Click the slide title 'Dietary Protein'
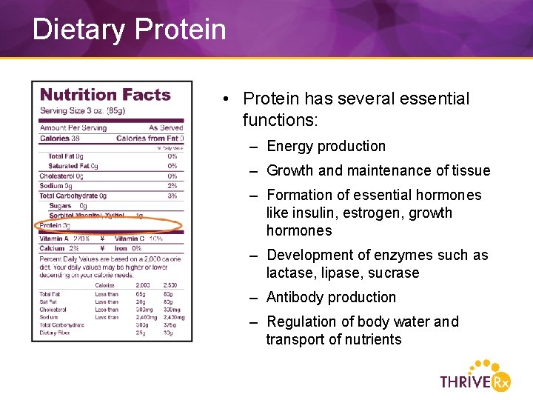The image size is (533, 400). coord(129,30)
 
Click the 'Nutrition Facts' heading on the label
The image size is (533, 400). coord(105,95)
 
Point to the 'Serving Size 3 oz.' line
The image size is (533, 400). coord(82,110)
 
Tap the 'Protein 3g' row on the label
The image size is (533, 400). coord(55,226)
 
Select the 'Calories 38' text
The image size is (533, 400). coord(60,139)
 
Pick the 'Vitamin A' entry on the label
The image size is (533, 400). coord(54,239)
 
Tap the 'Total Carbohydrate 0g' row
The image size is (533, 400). coord(73,196)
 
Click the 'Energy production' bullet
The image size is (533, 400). coord(326,147)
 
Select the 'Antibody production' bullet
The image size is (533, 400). coord(331,297)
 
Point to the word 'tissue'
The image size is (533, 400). coord(469,170)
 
